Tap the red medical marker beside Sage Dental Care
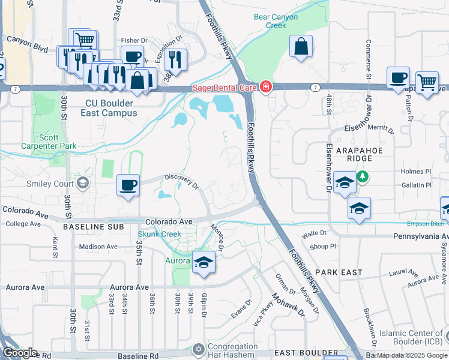265,88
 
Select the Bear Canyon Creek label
276,21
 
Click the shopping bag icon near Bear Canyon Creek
301,47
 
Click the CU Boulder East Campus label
110,108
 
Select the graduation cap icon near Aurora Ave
203,262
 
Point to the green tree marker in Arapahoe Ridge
362,177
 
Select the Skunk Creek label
159,234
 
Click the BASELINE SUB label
94,227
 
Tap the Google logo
20,353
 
